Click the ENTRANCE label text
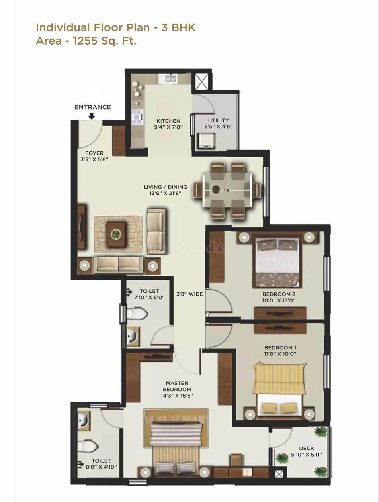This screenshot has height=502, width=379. (x=93, y=107)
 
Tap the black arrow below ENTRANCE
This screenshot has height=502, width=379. (x=92, y=116)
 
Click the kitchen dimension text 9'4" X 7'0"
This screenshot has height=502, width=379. (x=168, y=127)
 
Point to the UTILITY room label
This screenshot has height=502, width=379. (x=219, y=120)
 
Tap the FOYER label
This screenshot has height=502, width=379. (x=94, y=153)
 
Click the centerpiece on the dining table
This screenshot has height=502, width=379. (x=217, y=190)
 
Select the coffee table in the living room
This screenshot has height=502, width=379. (x=116, y=233)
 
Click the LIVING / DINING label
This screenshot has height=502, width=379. (x=165, y=187)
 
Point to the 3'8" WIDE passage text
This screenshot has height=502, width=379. (x=189, y=294)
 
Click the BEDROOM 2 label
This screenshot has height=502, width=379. (x=279, y=294)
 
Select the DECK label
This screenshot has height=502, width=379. (x=306, y=448)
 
